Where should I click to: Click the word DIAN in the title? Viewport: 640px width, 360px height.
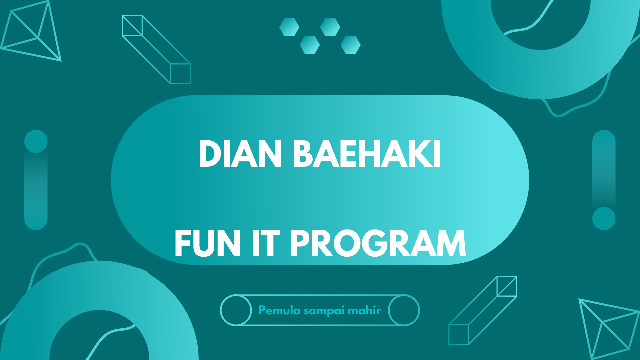[240, 154]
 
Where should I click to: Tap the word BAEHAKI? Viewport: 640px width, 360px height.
[367, 154]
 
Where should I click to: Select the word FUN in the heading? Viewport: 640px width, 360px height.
[207, 244]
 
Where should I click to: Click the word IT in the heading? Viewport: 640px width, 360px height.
[265, 244]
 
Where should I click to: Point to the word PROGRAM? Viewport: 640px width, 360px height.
[377, 244]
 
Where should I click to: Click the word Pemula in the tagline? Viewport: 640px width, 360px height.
[279, 311]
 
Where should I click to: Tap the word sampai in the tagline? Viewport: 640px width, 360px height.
[324, 311]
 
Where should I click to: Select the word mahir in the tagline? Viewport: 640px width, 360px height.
[364, 311]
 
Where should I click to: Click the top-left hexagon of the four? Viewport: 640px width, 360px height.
[289, 27]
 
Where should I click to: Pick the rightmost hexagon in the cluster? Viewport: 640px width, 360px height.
[350, 45]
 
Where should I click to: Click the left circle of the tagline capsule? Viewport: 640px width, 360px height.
[236, 310]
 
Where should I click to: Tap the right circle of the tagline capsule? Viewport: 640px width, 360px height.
[404, 310]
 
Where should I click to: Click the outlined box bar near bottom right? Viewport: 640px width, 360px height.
[483, 310]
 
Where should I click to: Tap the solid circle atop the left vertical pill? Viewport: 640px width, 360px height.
[36, 141]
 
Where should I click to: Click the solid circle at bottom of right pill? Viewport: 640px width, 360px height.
[604, 219]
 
